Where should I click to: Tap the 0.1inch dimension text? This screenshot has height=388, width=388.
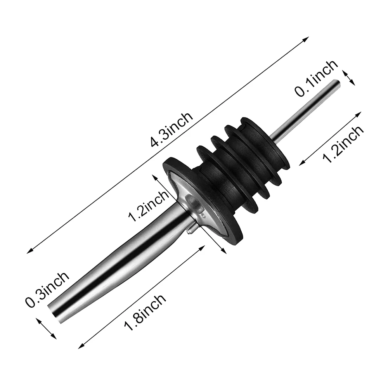[x=316, y=78]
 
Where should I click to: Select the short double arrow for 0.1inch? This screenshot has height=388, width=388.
[x=348, y=77]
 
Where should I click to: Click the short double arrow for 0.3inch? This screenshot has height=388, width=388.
[x=47, y=328]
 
